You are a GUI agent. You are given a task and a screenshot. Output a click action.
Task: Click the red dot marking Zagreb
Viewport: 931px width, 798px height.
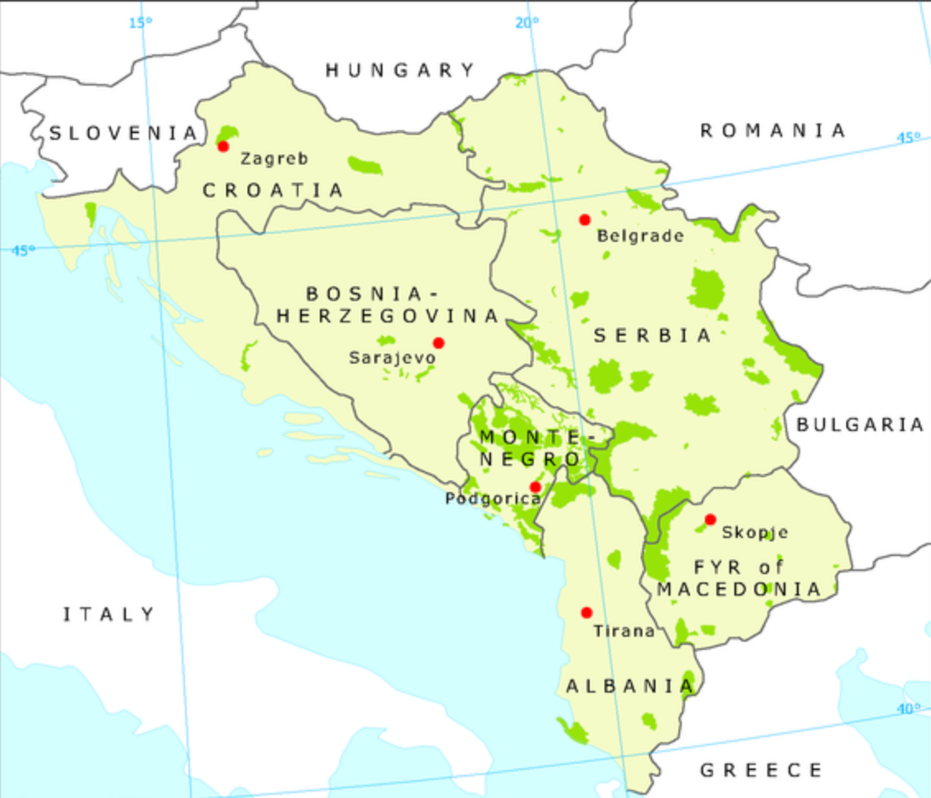[x=223, y=146]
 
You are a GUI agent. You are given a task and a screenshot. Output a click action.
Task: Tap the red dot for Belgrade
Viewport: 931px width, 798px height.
[x=585, y=220]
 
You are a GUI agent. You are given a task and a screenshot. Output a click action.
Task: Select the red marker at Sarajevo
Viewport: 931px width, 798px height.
[x=438, y=343]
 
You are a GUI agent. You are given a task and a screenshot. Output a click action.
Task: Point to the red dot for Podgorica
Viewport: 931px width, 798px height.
[x=535, y=487]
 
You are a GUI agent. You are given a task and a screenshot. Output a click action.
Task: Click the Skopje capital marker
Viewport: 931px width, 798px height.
[x=711, y=519]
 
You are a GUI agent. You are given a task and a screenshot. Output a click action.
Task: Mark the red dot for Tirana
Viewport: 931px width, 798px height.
[x=586, y=613]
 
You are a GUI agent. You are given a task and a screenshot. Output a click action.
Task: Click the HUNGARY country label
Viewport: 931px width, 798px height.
[x=401, y=71]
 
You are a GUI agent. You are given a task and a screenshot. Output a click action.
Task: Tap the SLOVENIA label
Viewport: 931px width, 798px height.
[x=123, y=132]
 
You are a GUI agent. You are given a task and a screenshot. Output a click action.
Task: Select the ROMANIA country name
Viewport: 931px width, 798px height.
[x=772, y=130]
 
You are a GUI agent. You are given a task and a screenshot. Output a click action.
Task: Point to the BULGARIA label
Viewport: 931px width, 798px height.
[x=860, y=425]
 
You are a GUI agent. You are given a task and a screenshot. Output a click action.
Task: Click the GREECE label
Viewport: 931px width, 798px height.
[x=761, y=770]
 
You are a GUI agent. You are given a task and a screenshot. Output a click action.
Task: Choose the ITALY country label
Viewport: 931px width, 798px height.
[x=109, y=614]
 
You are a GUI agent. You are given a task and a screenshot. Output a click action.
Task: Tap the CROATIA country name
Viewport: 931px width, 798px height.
[x=273, y=190]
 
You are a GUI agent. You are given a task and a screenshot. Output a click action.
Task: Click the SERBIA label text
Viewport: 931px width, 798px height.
[x=652, y=336]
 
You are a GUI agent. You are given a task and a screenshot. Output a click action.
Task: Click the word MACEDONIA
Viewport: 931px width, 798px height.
[x=739, y=589]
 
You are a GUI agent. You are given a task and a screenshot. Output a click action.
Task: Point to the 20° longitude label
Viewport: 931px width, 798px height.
[x=527, y=23]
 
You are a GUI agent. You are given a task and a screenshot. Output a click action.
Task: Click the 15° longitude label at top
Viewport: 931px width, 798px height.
[x=141, y=22]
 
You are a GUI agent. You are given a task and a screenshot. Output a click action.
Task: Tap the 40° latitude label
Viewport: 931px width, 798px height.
[x=908, y=708]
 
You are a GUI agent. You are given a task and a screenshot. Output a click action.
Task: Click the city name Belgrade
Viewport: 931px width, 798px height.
[x=640, y=236]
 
